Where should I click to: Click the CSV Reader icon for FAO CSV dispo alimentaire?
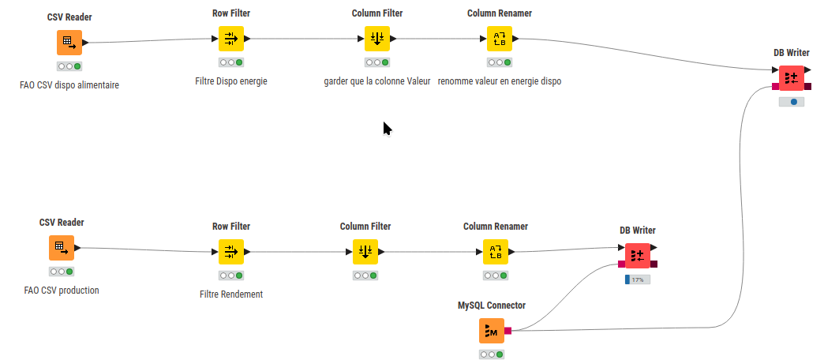(x=69, y=43)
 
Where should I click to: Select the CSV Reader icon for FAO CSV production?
(x=60, y=248)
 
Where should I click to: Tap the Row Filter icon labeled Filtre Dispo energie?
(x=230, y=38)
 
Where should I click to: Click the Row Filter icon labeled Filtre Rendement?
(x=230, y=253)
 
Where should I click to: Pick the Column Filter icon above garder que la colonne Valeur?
(x=376, y=38)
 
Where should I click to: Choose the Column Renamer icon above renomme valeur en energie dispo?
(x=499, y=38)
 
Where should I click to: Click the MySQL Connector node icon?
(x=491, y=331)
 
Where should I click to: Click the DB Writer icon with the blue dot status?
(x=791, y=78)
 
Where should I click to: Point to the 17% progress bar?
(x=637, y=279)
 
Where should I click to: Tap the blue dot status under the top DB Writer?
(x=793, y=102)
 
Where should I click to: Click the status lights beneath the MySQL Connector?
(x=491, y=354)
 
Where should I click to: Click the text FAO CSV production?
(x=62, y=290)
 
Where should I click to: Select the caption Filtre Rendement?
(x=231, y=294)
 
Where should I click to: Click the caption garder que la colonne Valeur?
(x=376, y=81)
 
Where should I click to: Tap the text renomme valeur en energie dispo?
(x=499, y=81)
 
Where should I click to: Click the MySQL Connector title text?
(x=491, y=305)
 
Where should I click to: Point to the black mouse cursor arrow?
(x=387, y=128)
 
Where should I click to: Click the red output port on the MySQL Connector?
(x=508, y=331)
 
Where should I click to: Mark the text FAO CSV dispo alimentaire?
(x=69, y=84)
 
